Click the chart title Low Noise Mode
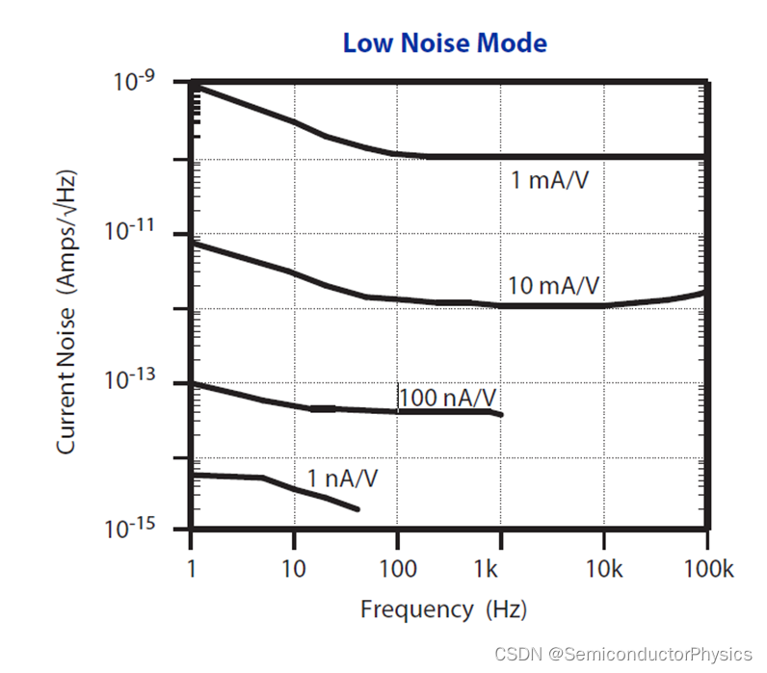[445, 43]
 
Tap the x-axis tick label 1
[192, 570]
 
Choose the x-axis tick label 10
[293, 570]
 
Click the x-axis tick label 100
[396, 570]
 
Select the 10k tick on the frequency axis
[603, 570]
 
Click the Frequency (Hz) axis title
[443, 609]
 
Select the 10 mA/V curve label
[554, 286]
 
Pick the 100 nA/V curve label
[450, 397]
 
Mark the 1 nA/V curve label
[342, 478]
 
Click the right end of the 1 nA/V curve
[358, 509]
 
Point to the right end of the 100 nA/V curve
[502, 415]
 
